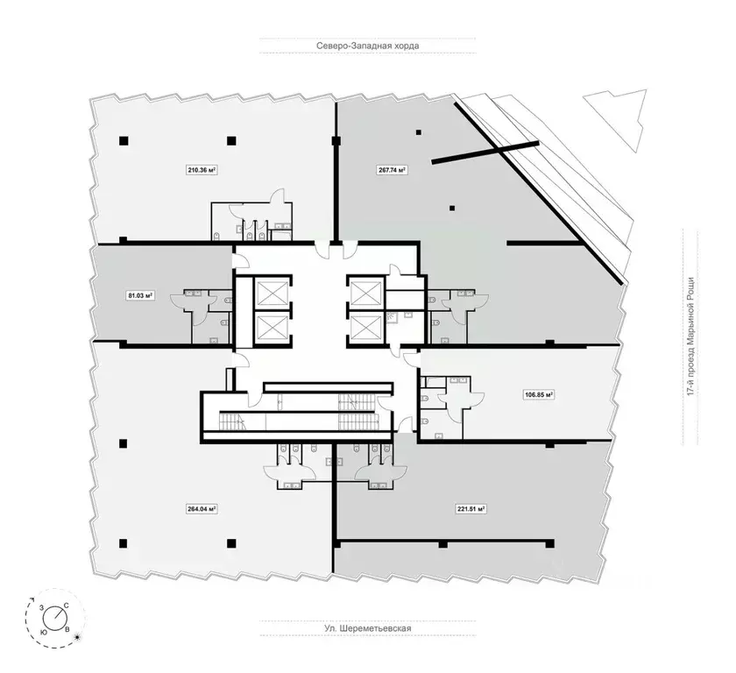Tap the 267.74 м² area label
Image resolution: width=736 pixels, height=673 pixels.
point(391,172)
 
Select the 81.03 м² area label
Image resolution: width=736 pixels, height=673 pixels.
point(140,296)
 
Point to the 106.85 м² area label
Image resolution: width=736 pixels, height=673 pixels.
point(539,395)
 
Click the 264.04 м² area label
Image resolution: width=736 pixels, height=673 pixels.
point(202,508)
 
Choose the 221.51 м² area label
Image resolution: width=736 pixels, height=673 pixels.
point(471,508)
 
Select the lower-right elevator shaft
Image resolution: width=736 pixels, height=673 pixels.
point(365,329)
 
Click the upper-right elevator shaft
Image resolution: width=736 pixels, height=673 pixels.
point(365,292)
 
